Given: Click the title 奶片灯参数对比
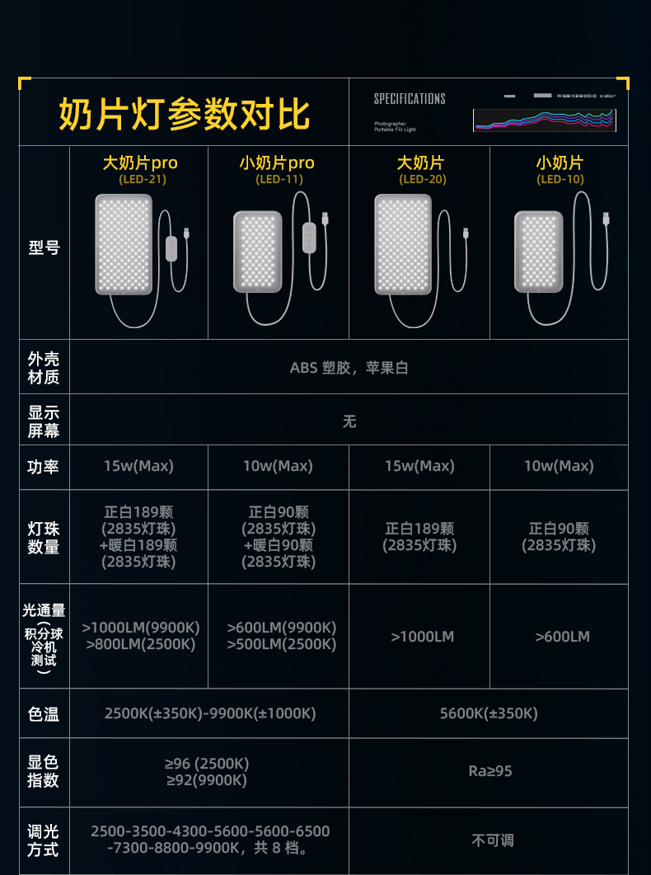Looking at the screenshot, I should click(184, 114).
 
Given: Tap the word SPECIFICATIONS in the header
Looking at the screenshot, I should click(410, 99).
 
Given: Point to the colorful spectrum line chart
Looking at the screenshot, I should click(544, 120).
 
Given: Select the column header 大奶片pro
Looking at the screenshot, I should click(139, 162).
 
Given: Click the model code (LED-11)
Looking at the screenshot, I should click(279, 179).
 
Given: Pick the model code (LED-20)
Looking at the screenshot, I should click(420, 179).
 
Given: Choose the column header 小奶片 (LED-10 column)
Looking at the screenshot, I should click(560, 162).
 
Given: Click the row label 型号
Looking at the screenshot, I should click(44, 247).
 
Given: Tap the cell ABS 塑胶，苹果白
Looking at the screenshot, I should click(349, 368).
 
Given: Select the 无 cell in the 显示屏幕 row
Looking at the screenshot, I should click(349, 421).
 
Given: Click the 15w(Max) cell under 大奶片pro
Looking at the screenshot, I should click(138, 466).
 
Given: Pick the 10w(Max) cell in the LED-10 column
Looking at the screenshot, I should click(559, 466).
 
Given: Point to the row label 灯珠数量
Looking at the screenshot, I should click(44, 537).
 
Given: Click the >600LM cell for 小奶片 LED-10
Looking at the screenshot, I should click(562, 636).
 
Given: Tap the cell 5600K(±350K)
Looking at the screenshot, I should click(489, 713).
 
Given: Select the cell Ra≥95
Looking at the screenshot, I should click(490, 771).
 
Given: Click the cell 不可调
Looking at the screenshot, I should click(492, 840).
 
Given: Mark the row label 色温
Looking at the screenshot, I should click(44, 714).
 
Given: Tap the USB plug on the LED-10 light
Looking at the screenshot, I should click(607, 219).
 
